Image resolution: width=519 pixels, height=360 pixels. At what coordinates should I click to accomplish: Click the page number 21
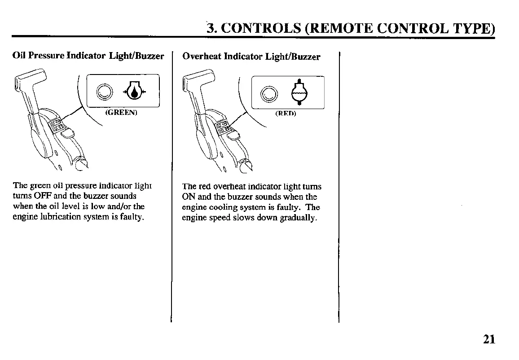coord(489,339)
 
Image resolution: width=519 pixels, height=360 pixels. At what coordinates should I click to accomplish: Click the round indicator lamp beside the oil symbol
coord(106,92)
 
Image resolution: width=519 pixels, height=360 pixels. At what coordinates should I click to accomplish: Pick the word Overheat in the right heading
coord(202,57)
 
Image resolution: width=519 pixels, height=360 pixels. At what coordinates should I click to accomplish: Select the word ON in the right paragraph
coord(187,197)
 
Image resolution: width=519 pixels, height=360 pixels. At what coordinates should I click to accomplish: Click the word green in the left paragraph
coord(40,186)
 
